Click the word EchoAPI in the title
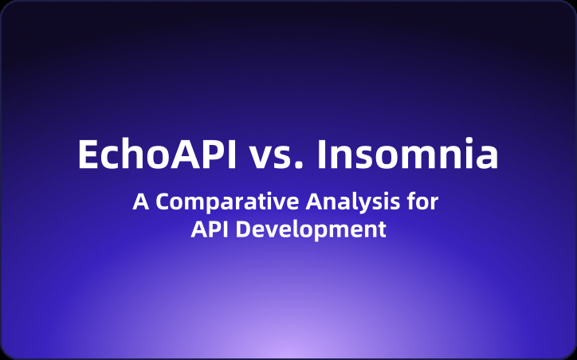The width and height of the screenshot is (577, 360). [157, 155]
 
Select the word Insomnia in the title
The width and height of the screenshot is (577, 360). [408, 155]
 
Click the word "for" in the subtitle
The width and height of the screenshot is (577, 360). [422, 202]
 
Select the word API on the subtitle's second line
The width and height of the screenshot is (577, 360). [210, 230]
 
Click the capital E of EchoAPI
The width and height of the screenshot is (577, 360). [88, 155]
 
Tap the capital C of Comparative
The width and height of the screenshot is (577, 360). [163, 202]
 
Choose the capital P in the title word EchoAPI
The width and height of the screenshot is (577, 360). [210, 155]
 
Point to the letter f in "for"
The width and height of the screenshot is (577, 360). [410, 202]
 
